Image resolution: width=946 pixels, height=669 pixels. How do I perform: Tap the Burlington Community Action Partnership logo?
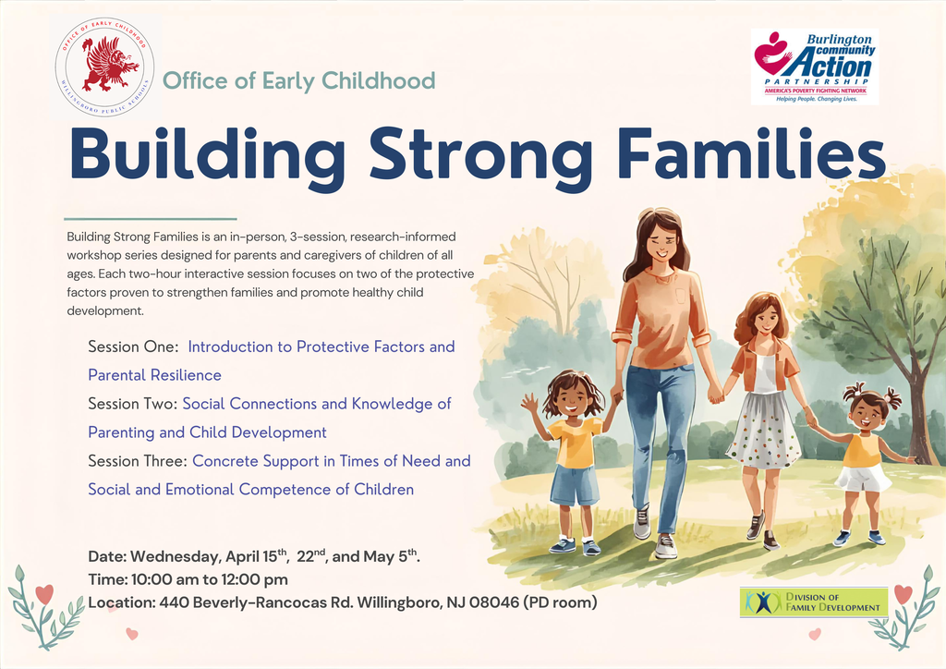click(814, 67)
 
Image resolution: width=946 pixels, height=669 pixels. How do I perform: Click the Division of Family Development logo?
click(813, 602)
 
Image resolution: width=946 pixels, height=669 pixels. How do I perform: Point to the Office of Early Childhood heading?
click(298, 80)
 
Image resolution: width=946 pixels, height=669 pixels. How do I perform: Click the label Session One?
click(133, 347)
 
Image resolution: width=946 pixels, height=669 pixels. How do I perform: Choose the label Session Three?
click(138, 460)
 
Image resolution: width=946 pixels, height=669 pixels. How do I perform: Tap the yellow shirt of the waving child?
click(574, 442)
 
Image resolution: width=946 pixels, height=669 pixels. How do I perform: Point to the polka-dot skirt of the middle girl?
click(763, 431)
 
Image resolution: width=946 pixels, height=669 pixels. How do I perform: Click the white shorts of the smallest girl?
click(863, 479)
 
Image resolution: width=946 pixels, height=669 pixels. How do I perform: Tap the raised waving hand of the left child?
click(529, 402)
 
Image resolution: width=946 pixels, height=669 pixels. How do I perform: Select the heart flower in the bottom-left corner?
click(43, 594)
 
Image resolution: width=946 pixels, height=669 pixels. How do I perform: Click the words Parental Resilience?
click(154, 375)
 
